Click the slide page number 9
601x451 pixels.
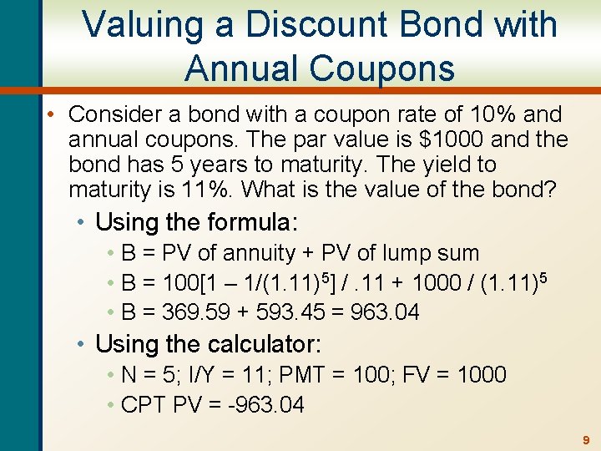pos(586,439)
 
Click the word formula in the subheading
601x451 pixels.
pos(244,223)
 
